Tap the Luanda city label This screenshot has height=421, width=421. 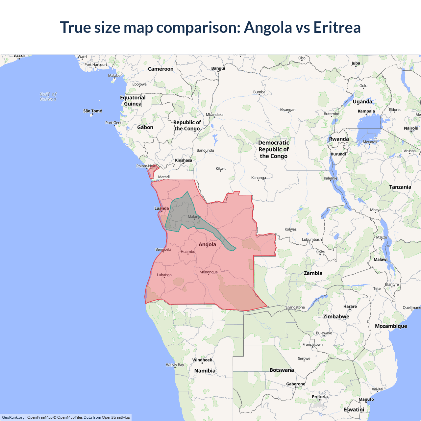[x=161, y=208]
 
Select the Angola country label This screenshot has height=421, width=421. [x=207, y=244]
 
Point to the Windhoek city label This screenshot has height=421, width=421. [x=202, y=360]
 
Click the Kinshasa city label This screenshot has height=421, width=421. [x=183, y=161]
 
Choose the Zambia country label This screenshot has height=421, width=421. [x=313, y=273]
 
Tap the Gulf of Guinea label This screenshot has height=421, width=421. [x=48, y=97]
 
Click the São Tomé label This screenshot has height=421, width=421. [x=92, y=111]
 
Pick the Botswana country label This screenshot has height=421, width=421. [x=282, y=370]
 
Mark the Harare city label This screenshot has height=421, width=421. [x=350, y=306]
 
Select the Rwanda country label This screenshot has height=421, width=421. [x=339, y=139]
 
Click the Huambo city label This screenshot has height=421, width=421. [x=188, y=252]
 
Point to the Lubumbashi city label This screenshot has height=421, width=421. [x=312, y=239]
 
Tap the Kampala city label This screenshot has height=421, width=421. [x=366, y=111]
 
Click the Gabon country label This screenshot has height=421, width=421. [x=145, y=127]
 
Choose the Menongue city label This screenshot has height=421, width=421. [x=209, y=272]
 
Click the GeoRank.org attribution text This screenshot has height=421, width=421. [x=13, y=417]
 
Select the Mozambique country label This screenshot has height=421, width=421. [x=391, y=326]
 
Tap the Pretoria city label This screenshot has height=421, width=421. [x=320, y=397]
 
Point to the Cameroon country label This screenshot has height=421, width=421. [x=161, y=69]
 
